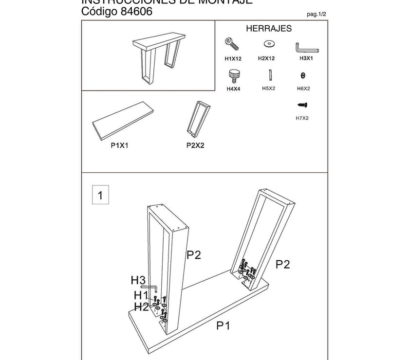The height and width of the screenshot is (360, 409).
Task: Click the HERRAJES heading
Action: [x=269, y=29]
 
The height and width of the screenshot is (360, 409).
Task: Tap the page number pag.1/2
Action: [x=316, y=14]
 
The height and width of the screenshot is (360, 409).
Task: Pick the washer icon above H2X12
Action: [x=267, y=44]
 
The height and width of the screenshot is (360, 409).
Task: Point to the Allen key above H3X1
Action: [x=306, y=48]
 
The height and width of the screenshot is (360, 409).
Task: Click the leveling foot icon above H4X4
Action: [x=233, y=77]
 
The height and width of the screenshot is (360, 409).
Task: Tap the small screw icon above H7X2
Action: [x=302, y=105]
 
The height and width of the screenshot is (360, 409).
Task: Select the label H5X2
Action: [x=269, y=89]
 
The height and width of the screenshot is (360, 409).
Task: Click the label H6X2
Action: [x=303, y=89]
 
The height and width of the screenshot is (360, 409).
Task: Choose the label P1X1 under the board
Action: [x=119, y=144]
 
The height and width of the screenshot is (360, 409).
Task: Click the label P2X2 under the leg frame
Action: [x=195, y=144]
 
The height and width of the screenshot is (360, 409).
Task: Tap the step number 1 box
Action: [x=100, y=196]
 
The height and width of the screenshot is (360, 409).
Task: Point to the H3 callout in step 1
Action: [x=138, y=280]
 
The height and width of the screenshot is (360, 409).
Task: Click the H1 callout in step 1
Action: [x=141, y=295]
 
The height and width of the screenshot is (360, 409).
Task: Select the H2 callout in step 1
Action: [x=141, y=306]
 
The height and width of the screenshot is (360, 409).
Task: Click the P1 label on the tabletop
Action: [x=223, y=325]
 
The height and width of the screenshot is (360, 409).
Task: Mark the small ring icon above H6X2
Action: [x=303, y=75]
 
